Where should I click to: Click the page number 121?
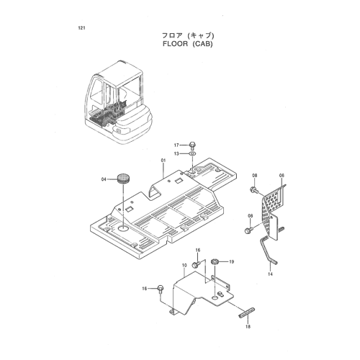[x=81, y=28]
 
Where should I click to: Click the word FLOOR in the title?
[x=175, y=44]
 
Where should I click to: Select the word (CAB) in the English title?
[x=202, y=44]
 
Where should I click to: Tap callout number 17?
[x=176, y=145]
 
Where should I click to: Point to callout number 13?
[x=176, y=153]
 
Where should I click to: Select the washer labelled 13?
[x=192, y=153]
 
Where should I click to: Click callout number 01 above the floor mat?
[x=163, y=160]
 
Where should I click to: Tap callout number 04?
[x=104, y=179]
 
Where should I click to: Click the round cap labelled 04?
[x=124, y=179]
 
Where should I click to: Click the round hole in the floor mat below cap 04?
[x=124, y=228]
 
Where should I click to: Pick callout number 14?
[x=270, y=274]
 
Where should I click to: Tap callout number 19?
[x=231, y=261]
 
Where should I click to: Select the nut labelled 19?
[x=214, y=261]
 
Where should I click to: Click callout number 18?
[x=248, y=326]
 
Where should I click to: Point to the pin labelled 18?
[x=247, y=312]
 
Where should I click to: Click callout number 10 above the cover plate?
[x=184, y=266]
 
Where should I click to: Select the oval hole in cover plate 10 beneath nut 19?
[x=215, y=298]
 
